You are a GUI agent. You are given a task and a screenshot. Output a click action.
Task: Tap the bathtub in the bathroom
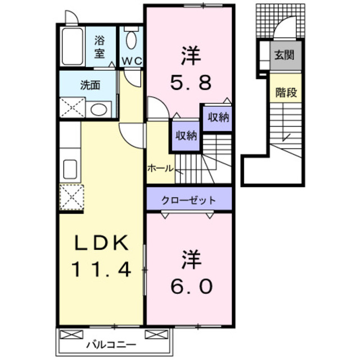pyautogui.click(x=73, y=47)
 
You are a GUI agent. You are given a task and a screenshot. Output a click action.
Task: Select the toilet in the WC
pyautogui.click(x=132, y=40)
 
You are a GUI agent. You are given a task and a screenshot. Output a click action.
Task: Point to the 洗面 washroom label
pyautogui.click(x=89, y=85)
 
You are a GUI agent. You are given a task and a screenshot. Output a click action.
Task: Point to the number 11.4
pyautogui.click(x=101, y=271)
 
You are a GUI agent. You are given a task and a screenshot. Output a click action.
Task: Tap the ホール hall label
pyautogui.click(x=160, y=168)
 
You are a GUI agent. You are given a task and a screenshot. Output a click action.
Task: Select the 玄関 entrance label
pyautogui.click(x=285, y=56)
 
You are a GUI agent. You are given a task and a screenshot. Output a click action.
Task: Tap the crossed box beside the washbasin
pyautogui.click(x=72, y=108)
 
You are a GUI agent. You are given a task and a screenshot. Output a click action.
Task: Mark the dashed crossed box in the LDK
pyautogui.click(x=71, y=197)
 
